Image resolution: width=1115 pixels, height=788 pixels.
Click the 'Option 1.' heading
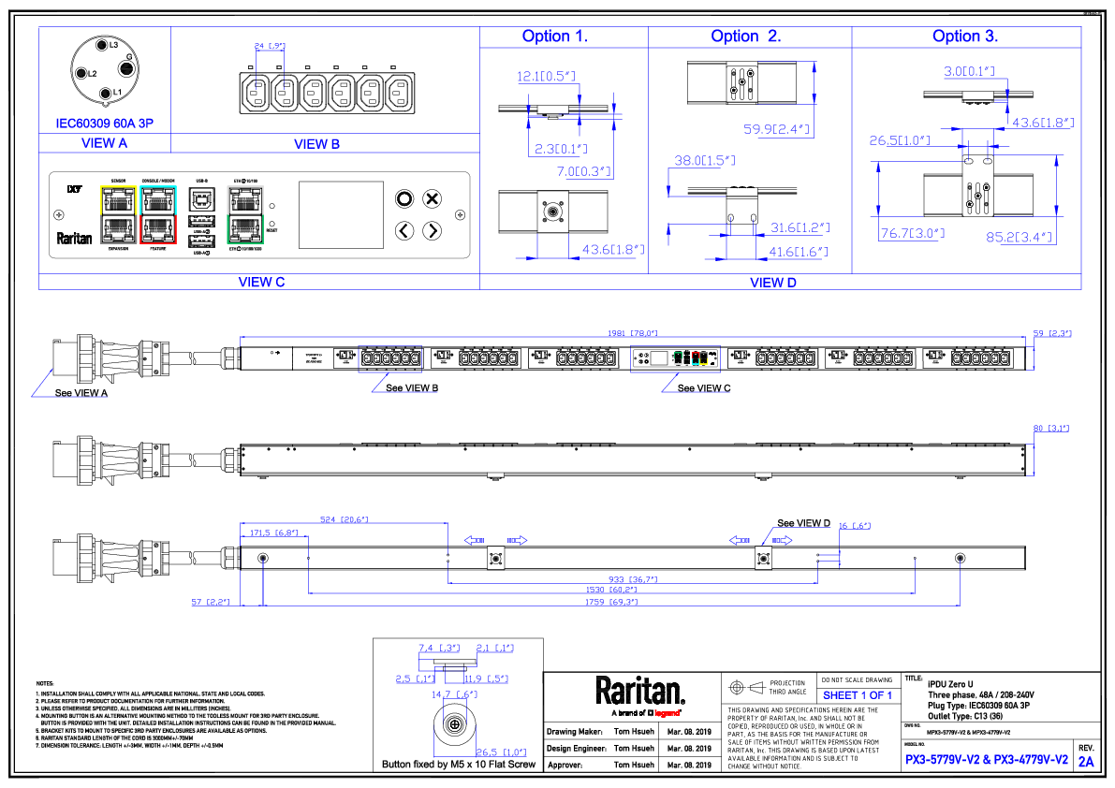554,36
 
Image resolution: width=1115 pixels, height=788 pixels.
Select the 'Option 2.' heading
745,36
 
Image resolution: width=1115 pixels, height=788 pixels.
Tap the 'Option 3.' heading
964,36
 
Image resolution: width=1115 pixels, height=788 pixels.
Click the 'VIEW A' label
104,143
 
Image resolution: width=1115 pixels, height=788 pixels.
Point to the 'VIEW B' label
316,144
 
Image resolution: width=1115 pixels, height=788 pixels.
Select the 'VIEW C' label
261,282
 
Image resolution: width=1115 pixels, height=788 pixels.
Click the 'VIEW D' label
772,282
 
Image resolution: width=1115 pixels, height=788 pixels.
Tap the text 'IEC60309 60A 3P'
104,124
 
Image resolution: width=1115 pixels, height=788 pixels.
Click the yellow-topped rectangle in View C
119,214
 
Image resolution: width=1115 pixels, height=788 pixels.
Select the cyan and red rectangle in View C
158,214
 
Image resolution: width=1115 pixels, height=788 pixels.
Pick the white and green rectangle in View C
245,214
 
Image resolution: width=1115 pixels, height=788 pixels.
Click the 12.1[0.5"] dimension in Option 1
545,77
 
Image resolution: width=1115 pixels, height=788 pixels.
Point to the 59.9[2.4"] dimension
776,129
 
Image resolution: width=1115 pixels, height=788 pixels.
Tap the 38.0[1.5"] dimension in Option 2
705,161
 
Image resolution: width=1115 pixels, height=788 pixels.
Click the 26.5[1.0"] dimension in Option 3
899,141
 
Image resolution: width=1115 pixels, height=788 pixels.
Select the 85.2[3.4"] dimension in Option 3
1020,238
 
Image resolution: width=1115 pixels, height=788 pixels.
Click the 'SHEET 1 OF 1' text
857,695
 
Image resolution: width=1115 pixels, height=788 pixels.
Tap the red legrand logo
667,713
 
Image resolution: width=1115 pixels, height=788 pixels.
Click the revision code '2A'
1085,762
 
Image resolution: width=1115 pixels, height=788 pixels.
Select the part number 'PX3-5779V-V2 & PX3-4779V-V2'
987,760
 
